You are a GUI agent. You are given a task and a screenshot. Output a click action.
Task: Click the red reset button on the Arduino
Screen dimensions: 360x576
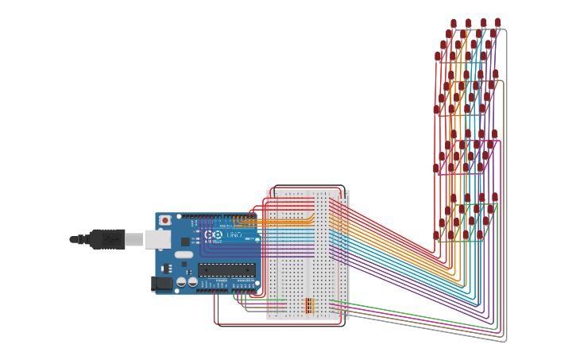tap(165, 220)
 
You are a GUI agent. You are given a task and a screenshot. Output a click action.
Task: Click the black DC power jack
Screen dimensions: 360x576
tap(161, 282)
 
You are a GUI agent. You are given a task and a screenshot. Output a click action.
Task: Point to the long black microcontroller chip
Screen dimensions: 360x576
tap(226, 270)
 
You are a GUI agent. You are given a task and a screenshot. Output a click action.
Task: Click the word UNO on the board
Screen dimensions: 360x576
tap(234, 235)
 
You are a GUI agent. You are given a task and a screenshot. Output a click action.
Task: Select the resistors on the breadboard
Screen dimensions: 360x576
tap(309, 305)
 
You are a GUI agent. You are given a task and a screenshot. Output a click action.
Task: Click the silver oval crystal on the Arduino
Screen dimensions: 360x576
tap(184, 255)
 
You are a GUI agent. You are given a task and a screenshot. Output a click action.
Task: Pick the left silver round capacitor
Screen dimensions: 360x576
tap(181, 281)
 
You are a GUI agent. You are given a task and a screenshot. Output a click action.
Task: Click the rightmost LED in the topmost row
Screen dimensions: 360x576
tap(498, 22)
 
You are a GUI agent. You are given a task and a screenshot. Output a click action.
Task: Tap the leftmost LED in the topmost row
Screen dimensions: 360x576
tap(454, 23)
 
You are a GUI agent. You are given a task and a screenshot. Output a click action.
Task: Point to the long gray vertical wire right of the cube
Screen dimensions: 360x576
tap(506, 183)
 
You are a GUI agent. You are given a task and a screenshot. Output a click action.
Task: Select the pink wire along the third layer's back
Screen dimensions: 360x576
tap(477, 141)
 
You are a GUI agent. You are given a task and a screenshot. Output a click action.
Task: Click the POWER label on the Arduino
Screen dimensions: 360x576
tap(220, 281)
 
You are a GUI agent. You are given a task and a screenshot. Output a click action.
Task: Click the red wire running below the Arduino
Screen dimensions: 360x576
tap(238, 324)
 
